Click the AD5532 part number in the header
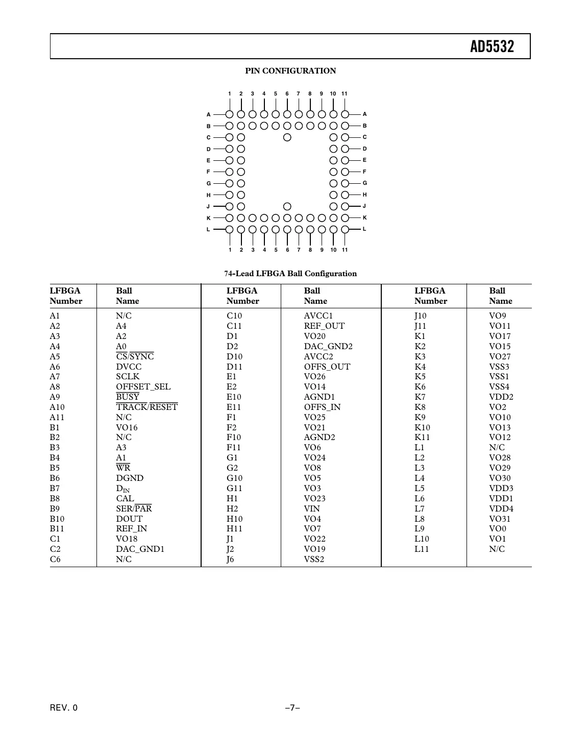[x=492, y=47]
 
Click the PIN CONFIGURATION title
[x=290, y=71]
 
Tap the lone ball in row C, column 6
[x=287, y=137]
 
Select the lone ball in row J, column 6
[x=287, y=206]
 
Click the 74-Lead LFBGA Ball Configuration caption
[x=290, y=274]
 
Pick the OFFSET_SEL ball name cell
[x=143, y=387]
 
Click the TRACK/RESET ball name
[x=146, y=407]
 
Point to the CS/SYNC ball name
[x=135, y=357]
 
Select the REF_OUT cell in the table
[x=324, y=326]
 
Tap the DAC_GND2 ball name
[x=328, y=347]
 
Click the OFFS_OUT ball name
[x=327, y=367]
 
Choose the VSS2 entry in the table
[x=314, y=559]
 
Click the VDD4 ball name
[x=501, y=509]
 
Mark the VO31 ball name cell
[x=499, y=519]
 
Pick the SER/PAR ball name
[x=134, y=509]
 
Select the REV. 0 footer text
[x=64, y=708]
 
